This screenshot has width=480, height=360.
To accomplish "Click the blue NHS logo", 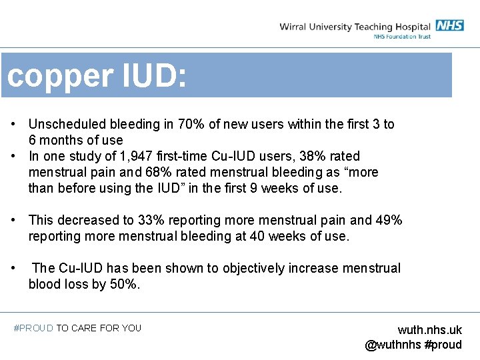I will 450,25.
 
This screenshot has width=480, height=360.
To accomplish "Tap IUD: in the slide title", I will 154,76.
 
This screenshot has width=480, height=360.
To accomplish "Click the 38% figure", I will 308,156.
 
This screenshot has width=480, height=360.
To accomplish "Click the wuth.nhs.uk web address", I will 429,330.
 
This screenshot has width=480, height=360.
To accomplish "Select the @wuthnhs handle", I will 393,345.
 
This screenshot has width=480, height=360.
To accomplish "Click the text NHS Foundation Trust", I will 402,36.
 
